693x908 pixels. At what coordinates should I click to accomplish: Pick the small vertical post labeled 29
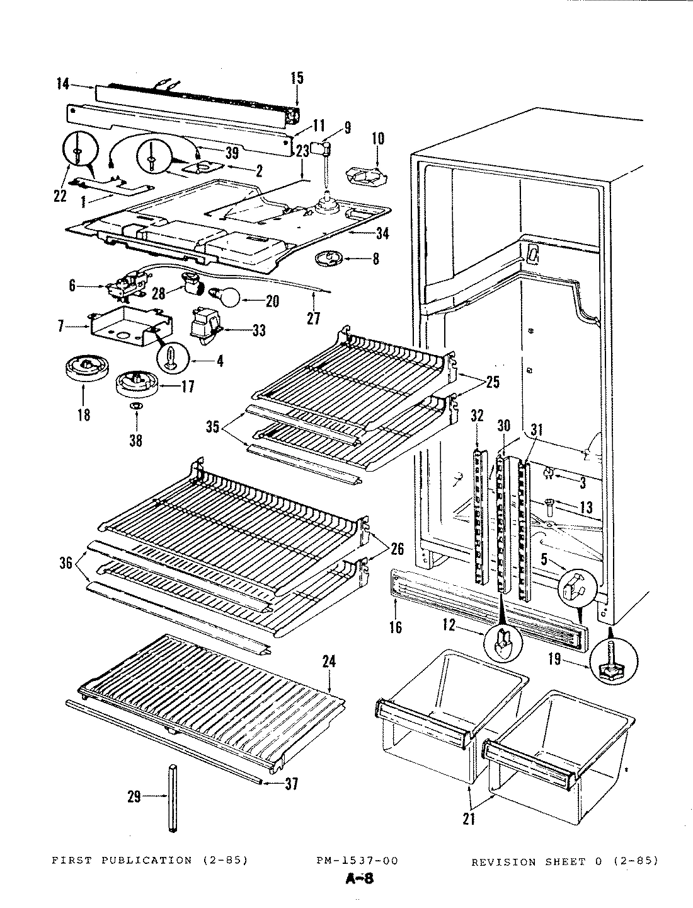click(173, 798)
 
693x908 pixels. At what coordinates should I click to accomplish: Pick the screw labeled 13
click(549, 503)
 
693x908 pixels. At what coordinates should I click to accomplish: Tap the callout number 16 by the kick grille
click(396, 627)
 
